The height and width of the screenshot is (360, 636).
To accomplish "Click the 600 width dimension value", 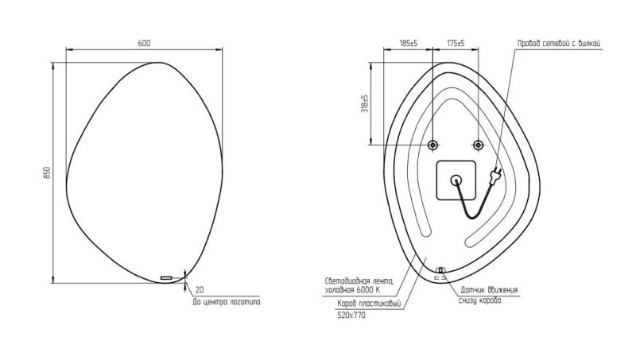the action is pyautogui.click(x=144, y=43).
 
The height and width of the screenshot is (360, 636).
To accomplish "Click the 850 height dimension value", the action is pyautogui.click(x=47, y=173).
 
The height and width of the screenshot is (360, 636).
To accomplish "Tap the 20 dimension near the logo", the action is pyautogui.click(x=200, y=290).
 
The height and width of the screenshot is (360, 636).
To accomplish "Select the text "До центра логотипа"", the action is pyautogui.click(x=227, y=302).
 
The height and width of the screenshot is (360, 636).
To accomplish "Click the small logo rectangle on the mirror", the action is pyautogui.click(x=166, y=277).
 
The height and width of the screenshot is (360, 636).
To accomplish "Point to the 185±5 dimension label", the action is pyautogui.click(x=409, y=43).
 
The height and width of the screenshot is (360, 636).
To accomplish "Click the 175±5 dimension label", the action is pyautogui.click(x=456, y=43).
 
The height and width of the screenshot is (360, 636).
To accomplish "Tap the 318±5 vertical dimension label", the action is pyautogui.click(x=365, y=104).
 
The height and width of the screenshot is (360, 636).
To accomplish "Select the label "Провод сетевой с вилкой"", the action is pyautogui.click(x=559, y=44).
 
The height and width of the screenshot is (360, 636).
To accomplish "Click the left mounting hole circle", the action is pyautogui.click(x=432, y=145).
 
